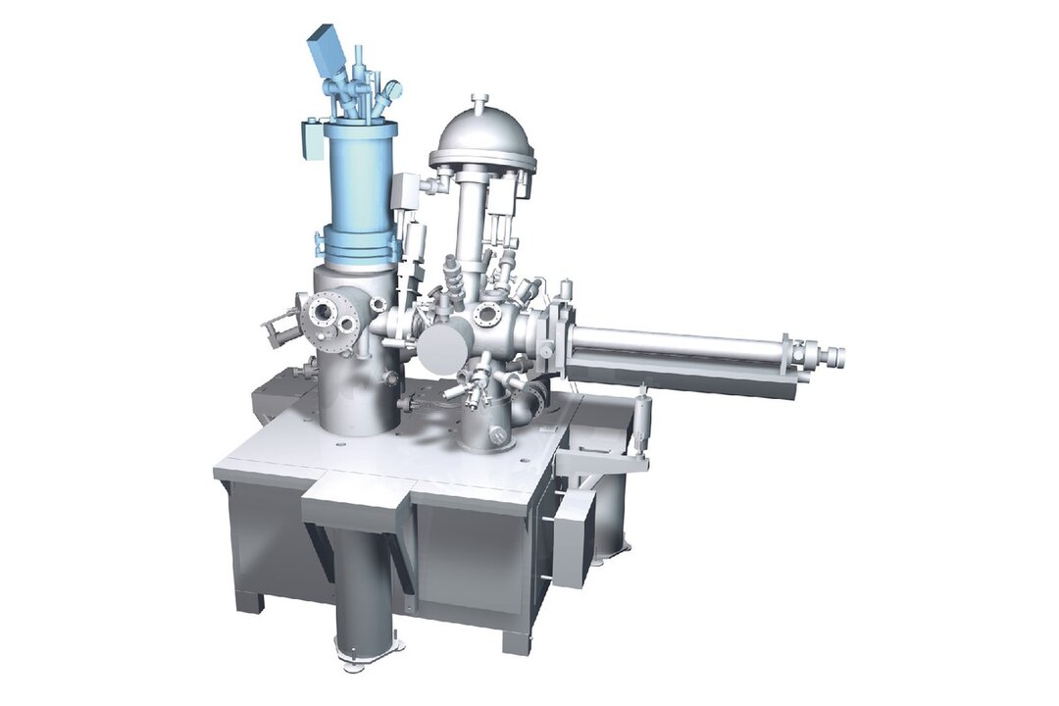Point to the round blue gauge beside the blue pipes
[x=393, y=89]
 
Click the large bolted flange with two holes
[x=328, y=314]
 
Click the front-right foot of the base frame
[x=516, y=639]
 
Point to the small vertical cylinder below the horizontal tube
[x=643, y=418]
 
